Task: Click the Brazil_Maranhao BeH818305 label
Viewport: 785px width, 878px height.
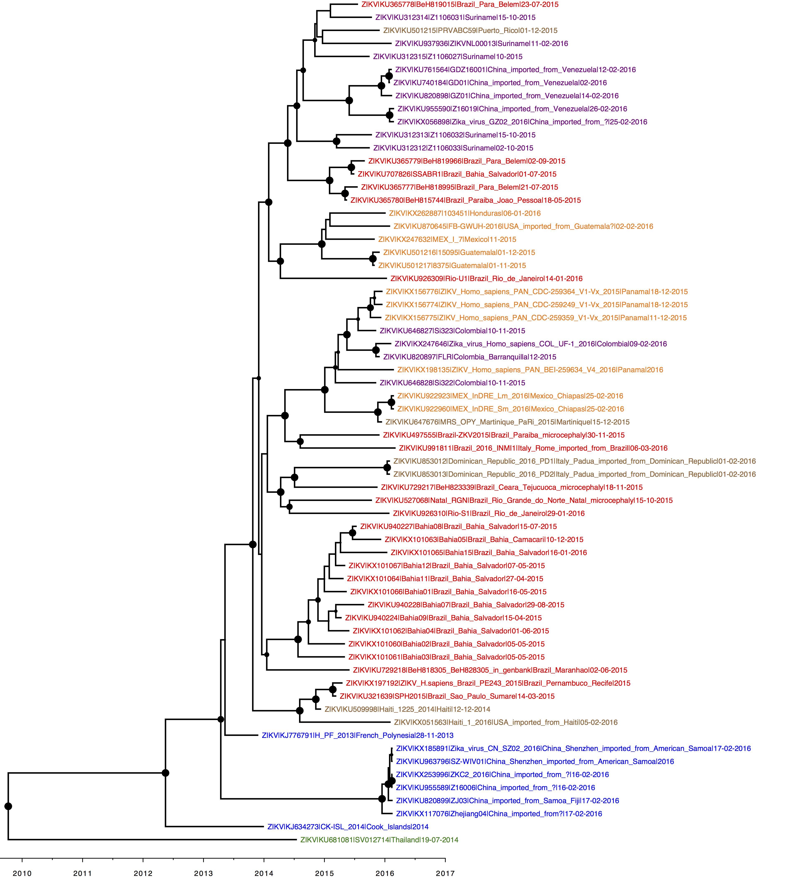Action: click(x=490, y=670)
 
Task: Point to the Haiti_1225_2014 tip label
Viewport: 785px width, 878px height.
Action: click(x=407, y=709)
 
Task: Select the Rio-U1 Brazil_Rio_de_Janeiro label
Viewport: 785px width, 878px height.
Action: click(x=487, y=279)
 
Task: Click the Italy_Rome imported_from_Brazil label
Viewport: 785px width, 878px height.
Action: click(x=533, y=448)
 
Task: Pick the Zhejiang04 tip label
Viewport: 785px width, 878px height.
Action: click(x=499, y=814)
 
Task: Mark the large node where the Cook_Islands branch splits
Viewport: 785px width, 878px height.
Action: click(x=165, y=773)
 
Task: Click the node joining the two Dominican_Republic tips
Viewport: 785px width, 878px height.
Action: click(x=387, y=468)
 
